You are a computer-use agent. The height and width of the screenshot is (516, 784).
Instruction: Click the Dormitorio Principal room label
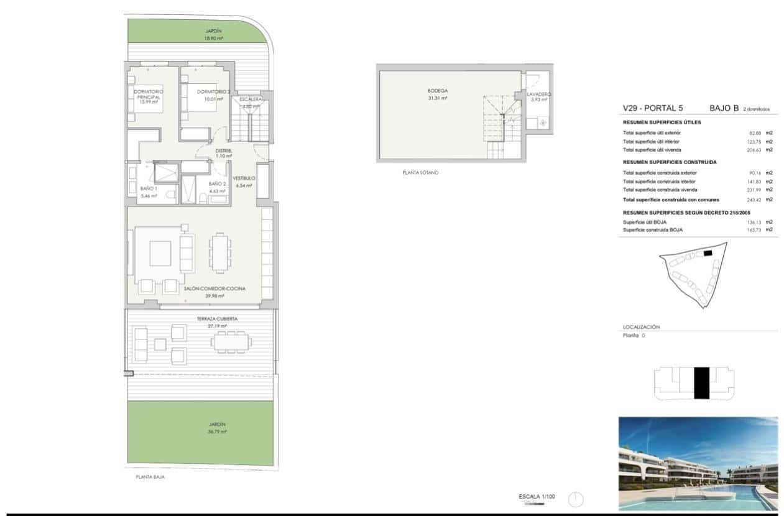[x=149, y=94]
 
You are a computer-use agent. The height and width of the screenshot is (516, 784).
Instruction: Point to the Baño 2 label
[x=216, y=184]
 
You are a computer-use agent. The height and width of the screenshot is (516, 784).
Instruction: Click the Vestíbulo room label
[x=244, y=178]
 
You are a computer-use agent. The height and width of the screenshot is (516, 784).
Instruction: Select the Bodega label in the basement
[x=437, y=91]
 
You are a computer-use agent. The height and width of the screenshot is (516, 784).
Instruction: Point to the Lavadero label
[x=538, y=94]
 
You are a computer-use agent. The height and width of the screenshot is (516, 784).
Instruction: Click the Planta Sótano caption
[x=420, y=172]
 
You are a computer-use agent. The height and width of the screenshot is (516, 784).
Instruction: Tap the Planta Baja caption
[x=150, y=477]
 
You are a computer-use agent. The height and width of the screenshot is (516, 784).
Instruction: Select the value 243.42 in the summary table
[x=754, y=200]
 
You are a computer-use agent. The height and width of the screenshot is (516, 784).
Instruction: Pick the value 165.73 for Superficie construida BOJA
[x=754, y=229]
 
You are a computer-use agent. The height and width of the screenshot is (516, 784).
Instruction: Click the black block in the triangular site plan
[x=708, y=254]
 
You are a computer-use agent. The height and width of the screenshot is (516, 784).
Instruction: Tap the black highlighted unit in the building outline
[x=701, y=383]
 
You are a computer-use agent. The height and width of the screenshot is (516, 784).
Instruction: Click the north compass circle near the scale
[x=576, y=500]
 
